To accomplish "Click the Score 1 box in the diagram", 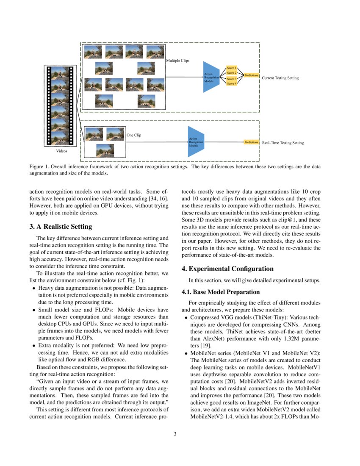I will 232,68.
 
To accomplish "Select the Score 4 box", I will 232,84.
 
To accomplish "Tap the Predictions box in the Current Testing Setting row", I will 251,75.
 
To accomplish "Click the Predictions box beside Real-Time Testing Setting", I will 251,142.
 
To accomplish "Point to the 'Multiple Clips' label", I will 178,61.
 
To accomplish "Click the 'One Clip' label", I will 134,135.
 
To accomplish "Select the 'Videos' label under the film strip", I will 62,151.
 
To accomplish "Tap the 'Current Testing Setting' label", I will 280,78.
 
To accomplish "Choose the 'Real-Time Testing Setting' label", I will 282,143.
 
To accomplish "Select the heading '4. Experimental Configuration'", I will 227,269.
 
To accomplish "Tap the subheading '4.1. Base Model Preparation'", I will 220,292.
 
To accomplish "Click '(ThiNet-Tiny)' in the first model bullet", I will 252,317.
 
